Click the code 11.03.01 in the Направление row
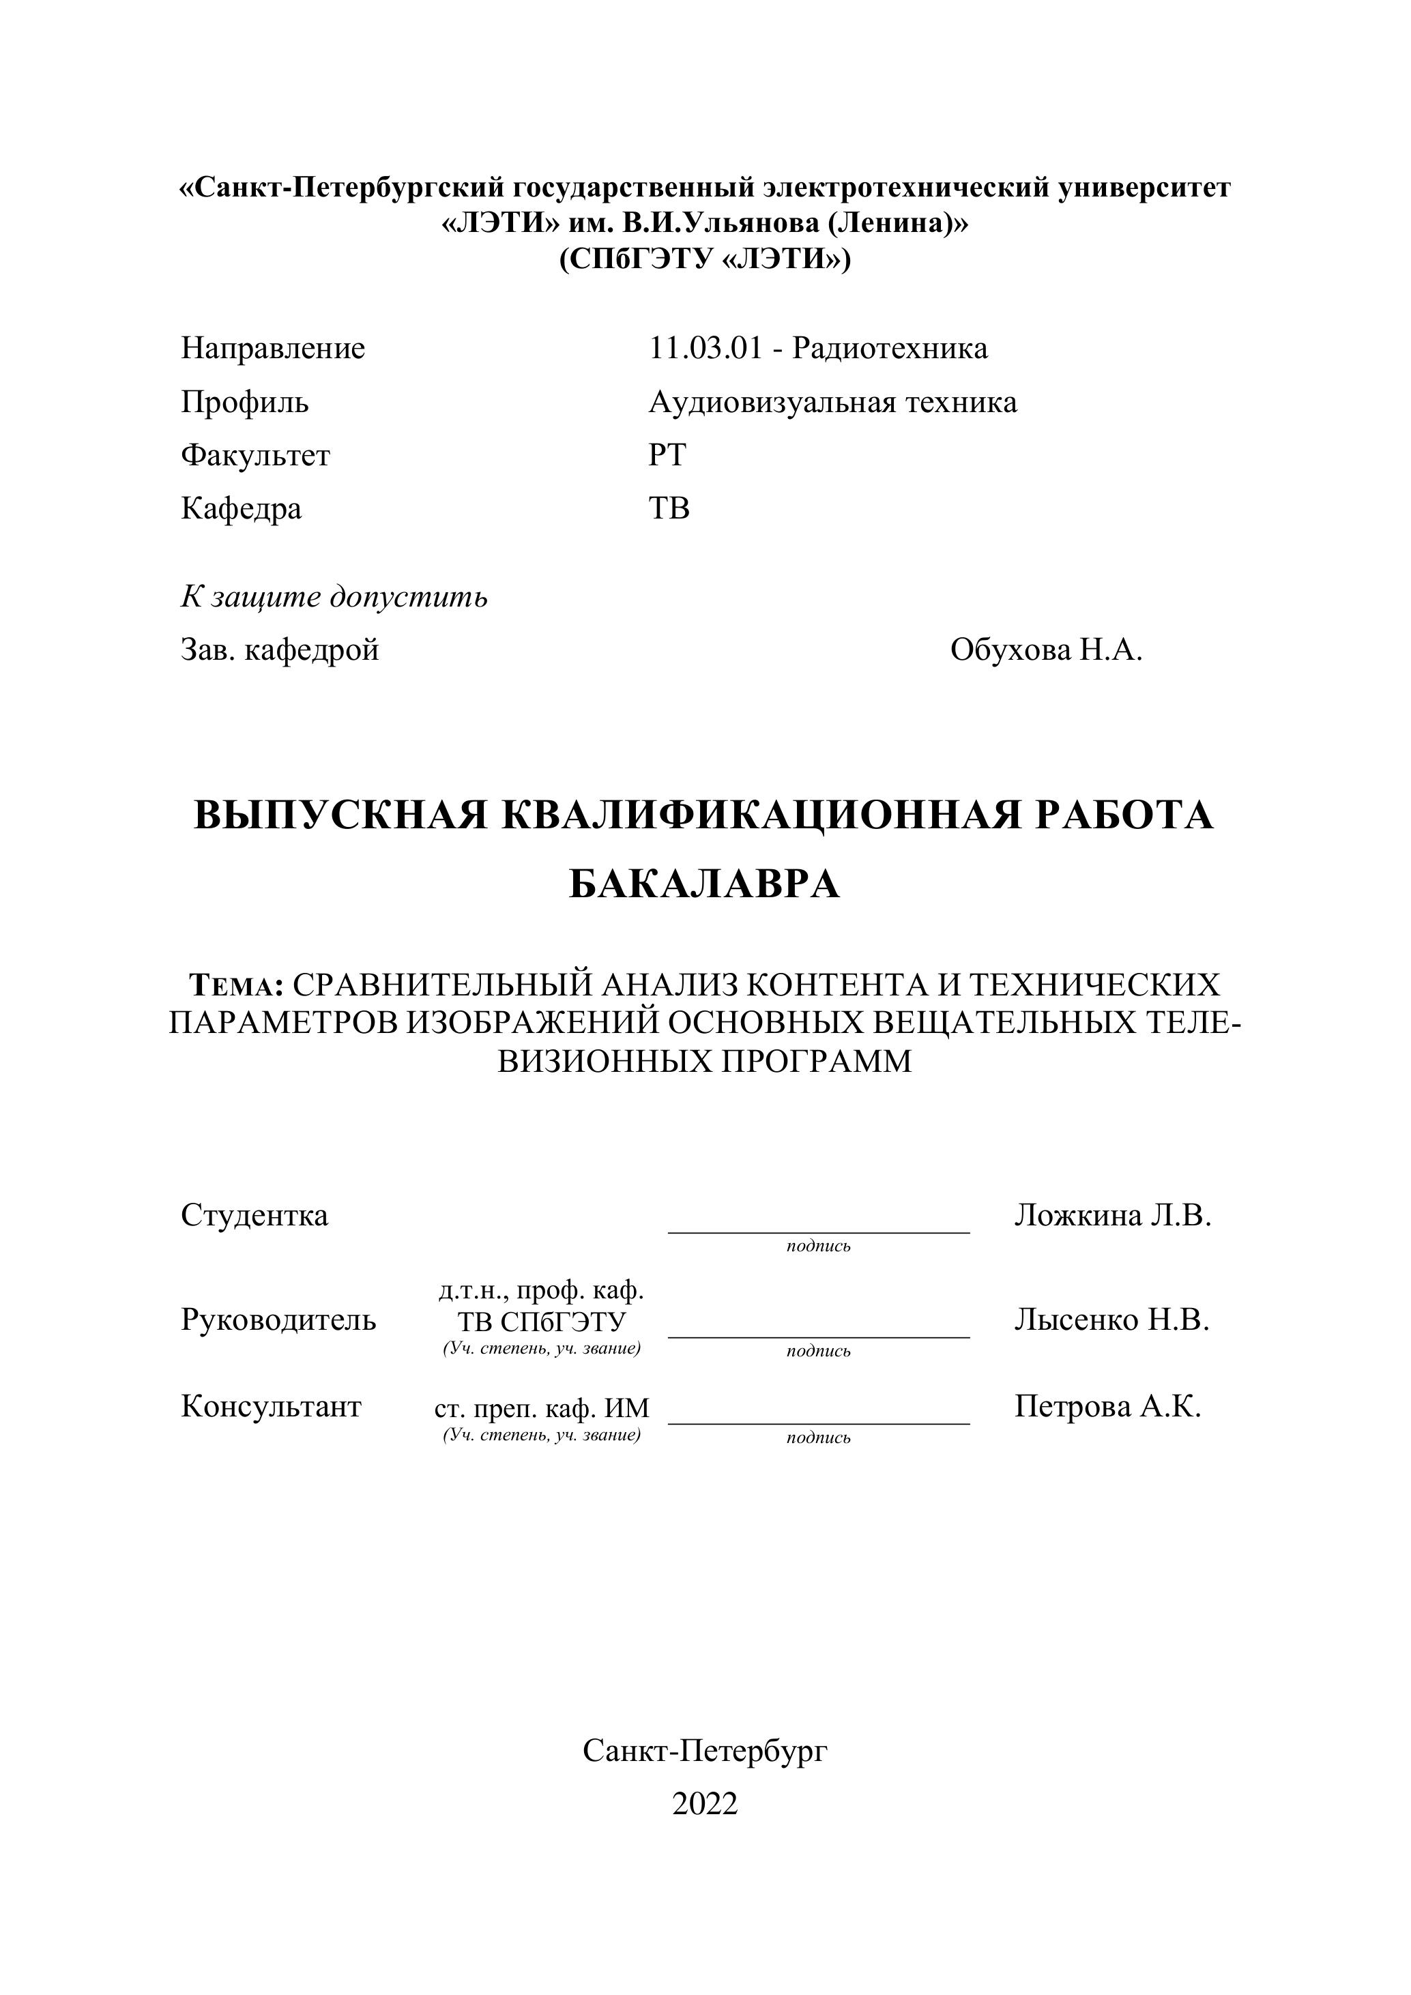coord(705,349)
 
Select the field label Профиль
coord(245,403)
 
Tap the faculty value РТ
coord(667,455)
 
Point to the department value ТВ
coord(669,508)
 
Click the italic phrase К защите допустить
coord(334,597)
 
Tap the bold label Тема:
coord(236,985)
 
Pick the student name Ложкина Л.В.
coord(1113,1214)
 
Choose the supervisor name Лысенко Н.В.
coord(1112,1319)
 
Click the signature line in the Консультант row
coord(819,1423)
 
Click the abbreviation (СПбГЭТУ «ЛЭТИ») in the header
coord(705,260)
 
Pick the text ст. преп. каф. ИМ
coord(542,1408)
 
